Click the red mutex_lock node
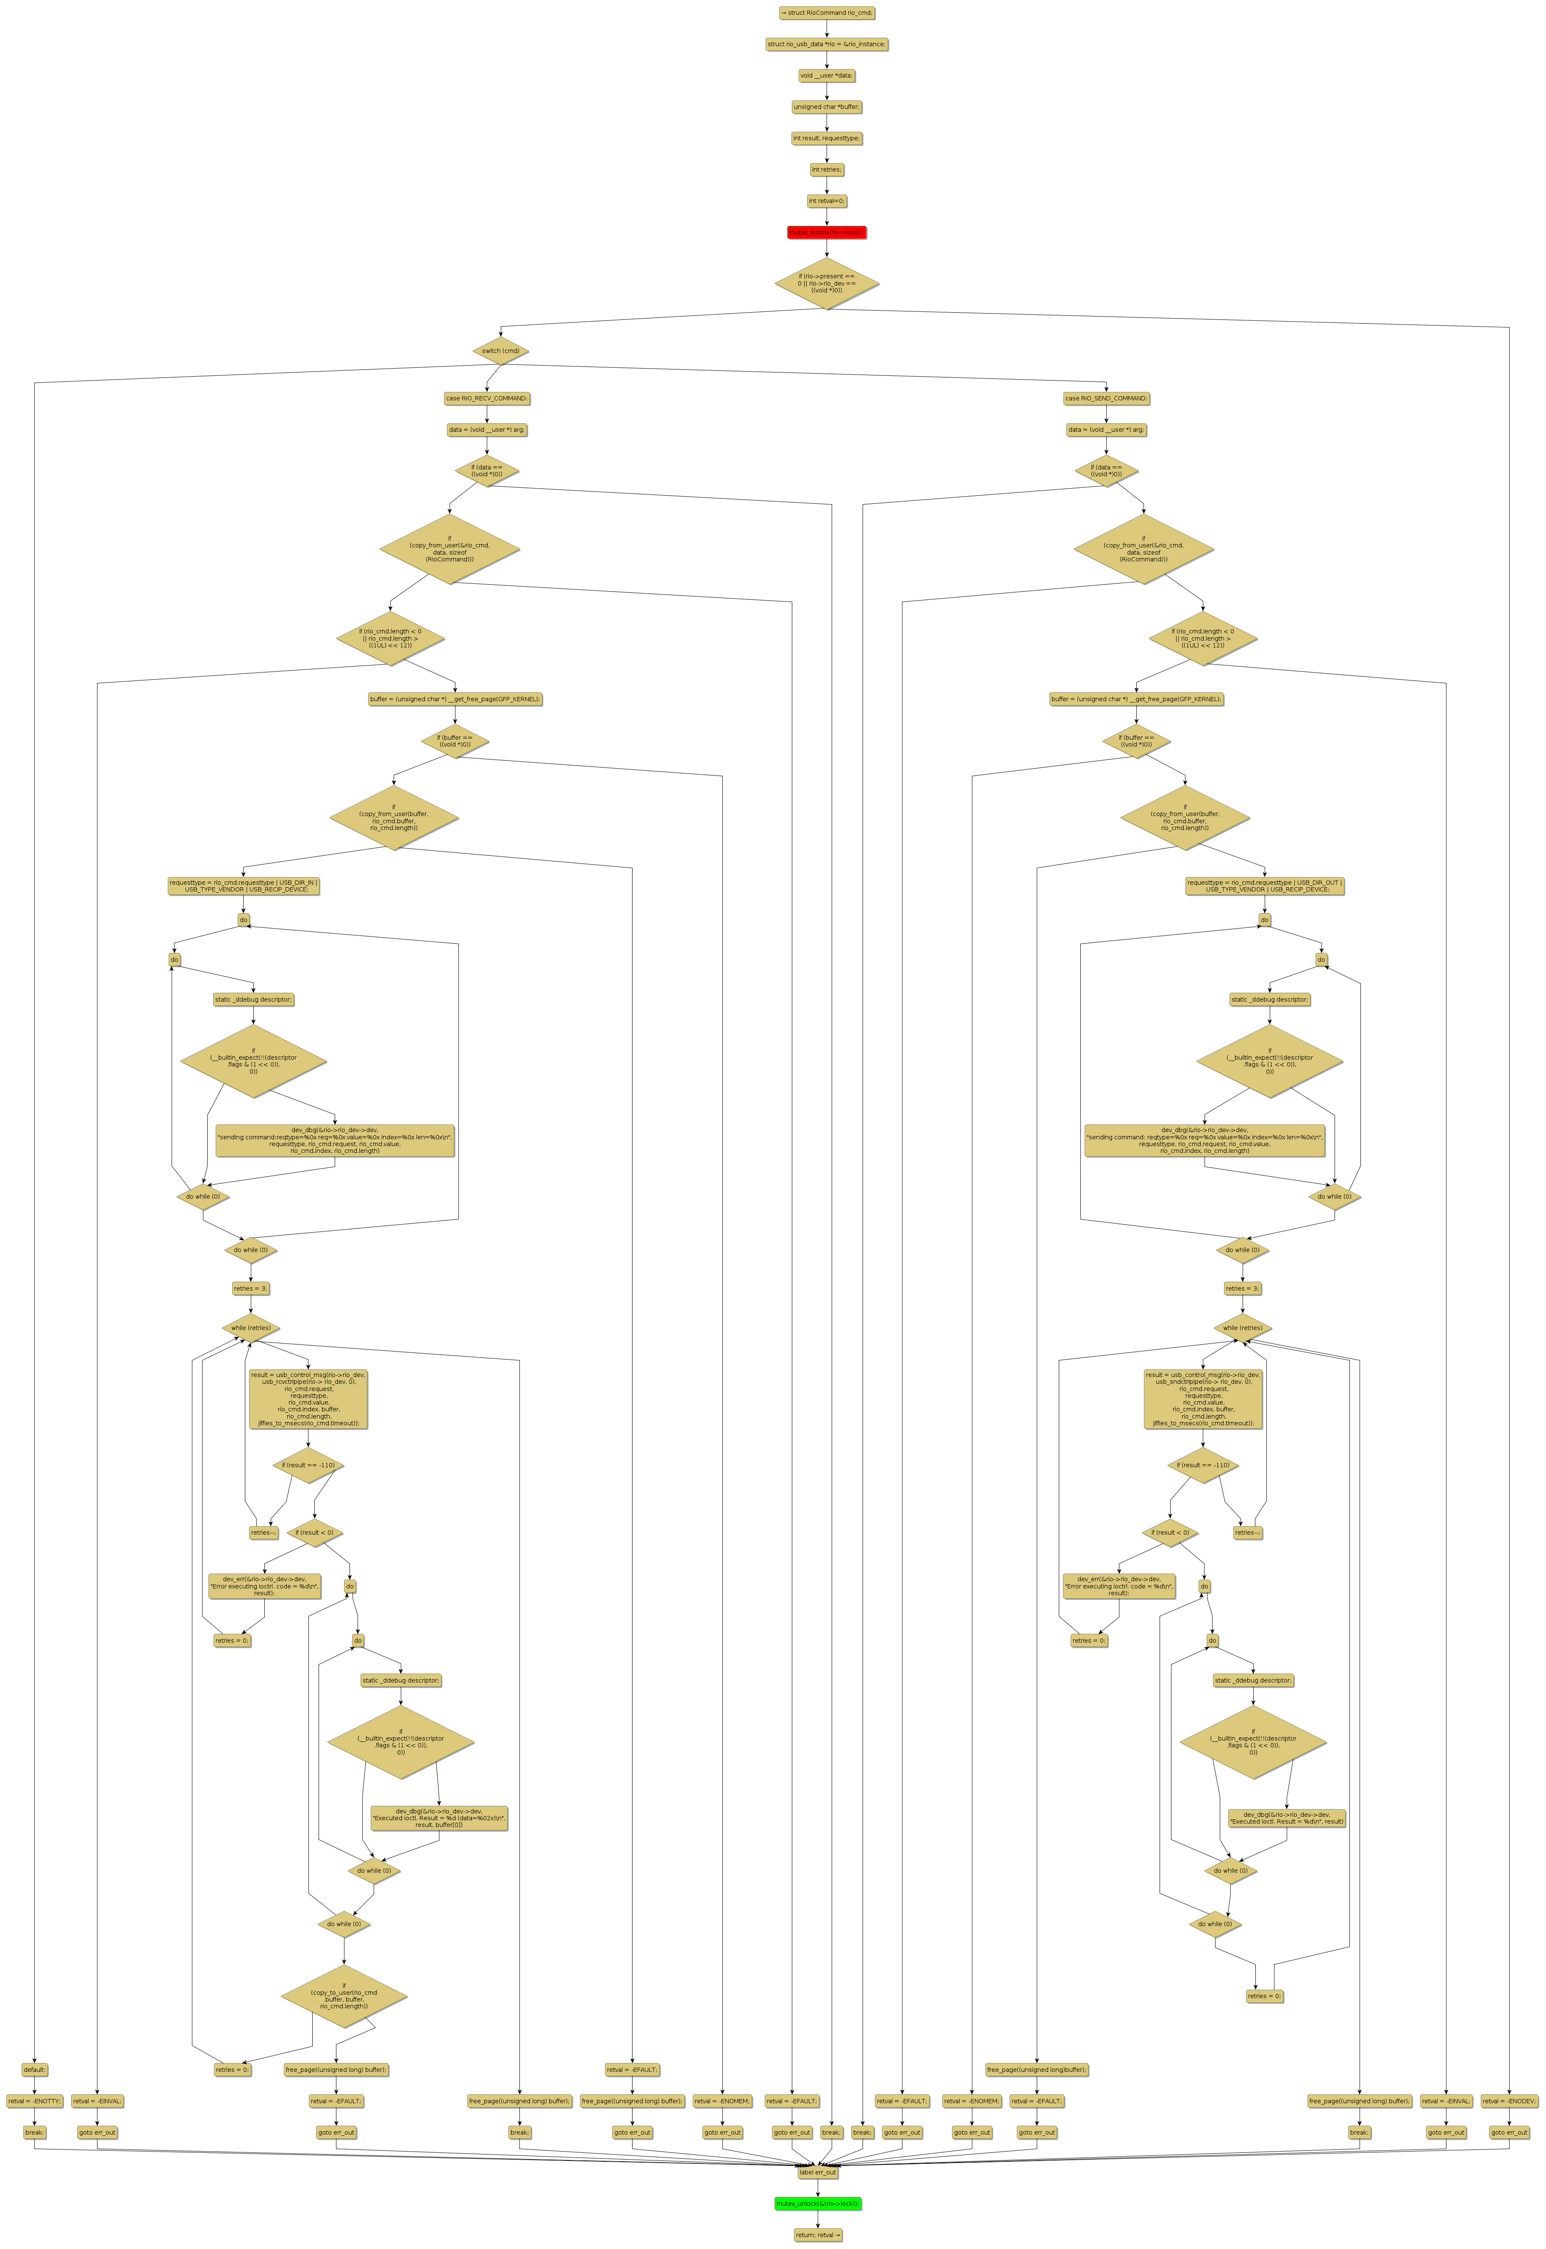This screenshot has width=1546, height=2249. pyautogui.click(x=826, y=233)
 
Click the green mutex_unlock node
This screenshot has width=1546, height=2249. pyautogui.click(x=818, y=2204)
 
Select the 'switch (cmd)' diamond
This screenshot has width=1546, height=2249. pyautogui.click(x=501, y=351)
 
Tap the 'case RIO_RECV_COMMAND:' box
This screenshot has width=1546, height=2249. pyautogui.click(x=486, y=398)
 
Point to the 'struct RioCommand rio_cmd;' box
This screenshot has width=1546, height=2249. pyautogui.click(x=826, y=13)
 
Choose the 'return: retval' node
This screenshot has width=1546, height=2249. pyautogui.click(x=818, y=2235)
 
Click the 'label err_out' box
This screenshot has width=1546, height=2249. pyautogui.click(x=818, y=2172)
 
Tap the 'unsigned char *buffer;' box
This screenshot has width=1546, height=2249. pyautogui.click(x=826, y=106)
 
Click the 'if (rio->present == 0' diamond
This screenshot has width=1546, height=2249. pyautogui.click(x=826, y=283)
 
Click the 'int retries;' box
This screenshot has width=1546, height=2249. pyautogui.click(x=826, y=169)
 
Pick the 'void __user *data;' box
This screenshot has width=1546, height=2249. pyautogui.click(x=826, y=75)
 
